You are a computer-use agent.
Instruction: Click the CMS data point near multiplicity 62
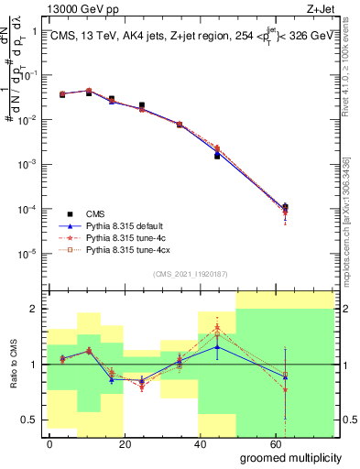[x=285, y=207]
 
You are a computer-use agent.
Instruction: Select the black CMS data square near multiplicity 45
[x=217, y=156]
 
